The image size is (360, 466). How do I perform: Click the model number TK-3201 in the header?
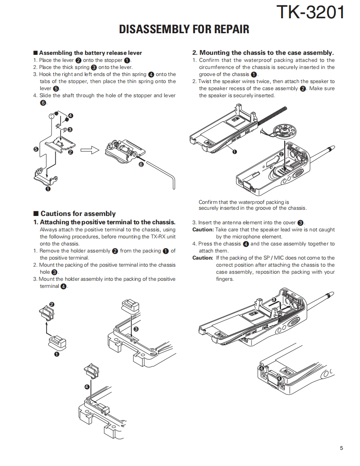311,12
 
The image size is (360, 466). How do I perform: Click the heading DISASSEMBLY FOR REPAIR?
184,29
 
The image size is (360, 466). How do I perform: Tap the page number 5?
341,448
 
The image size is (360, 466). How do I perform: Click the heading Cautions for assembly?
78,213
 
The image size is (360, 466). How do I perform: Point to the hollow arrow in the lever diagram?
89,150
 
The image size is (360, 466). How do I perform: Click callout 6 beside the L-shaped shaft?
141,164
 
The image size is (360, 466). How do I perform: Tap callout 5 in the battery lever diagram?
36,148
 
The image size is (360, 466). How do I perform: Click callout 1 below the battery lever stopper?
48,189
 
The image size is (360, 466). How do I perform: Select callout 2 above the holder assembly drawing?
52,304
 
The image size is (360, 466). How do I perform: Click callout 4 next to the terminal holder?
86,387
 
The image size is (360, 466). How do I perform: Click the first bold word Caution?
203,230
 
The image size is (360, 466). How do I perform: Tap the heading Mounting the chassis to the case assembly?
263,53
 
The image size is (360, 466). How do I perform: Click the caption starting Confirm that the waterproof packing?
252,205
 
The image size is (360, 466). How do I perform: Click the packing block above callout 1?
57,343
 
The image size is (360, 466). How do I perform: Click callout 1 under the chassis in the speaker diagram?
234,152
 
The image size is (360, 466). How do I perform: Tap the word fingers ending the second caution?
225,279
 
